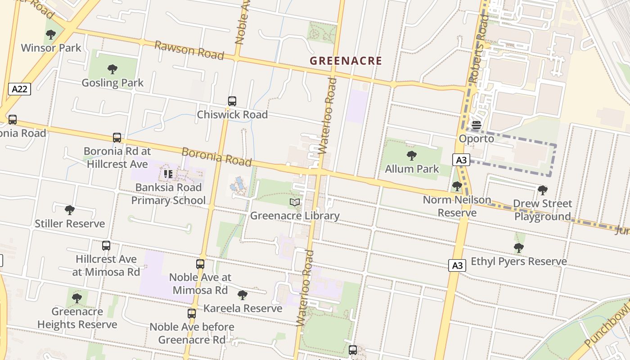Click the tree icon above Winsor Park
(51, 34)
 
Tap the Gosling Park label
(112, 82)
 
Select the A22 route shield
(19, 89)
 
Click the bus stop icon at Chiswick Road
(232, 101)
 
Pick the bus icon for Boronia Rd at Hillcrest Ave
(117, 138)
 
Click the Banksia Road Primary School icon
(168, 174)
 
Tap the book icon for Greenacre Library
(295, 202)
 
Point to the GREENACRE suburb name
(346, 61)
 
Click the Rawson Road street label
(189, 50)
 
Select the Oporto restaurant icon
(476, 125)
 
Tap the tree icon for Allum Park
(411, 156)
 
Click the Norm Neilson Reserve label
(457, 206)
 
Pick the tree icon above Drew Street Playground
(543, 190)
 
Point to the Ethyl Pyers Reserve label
(518, 261)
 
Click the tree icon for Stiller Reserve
(70, 210)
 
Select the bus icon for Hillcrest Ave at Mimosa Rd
(106, 246)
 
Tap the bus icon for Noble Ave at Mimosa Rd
(200, 264)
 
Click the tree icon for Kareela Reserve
(243, 295)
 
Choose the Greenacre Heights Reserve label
(77, 318)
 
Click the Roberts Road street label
(478, 49)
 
